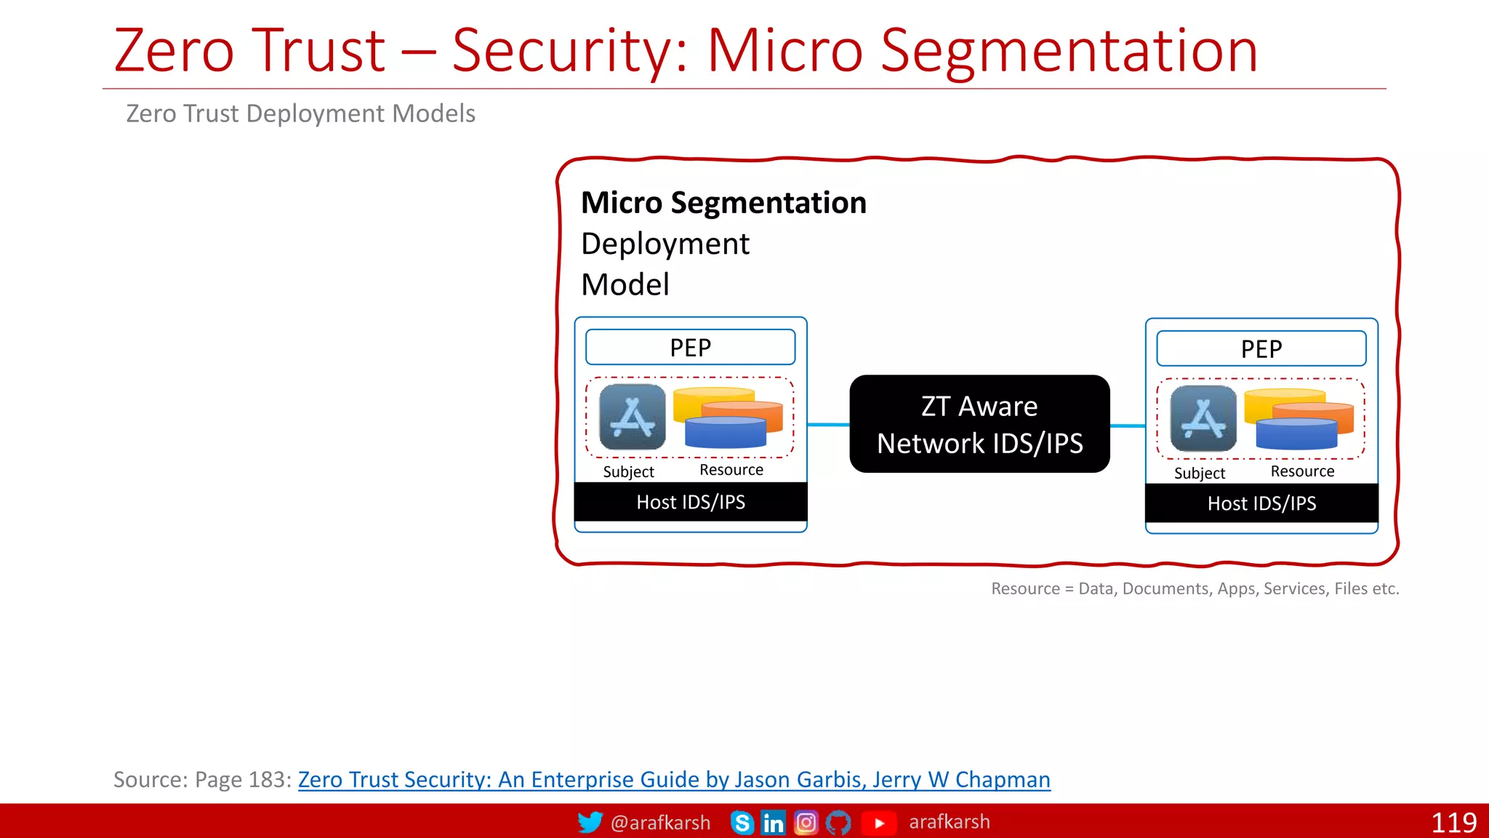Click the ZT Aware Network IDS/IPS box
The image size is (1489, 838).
click(979, 424)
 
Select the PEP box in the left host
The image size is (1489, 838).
click(690, 348)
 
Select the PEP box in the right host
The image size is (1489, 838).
click(1261, 349)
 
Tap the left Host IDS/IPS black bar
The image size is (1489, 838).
click(690, 502)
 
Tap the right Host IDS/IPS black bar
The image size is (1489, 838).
click(1261, 503)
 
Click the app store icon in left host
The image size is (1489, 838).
click(632, 418)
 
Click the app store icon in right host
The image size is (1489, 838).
click(1203, 419)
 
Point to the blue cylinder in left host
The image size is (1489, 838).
click(725, 434)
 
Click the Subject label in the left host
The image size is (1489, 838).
click(628, 472)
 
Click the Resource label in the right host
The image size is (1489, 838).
click(1302, 471)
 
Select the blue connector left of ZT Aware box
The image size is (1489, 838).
click(828, 424)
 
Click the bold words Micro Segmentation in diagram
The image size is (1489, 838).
click(723, 203)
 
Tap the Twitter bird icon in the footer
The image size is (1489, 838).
click(590, 822)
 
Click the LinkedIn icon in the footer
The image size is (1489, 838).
click(773, 823)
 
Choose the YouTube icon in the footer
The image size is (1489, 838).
click(878, 823)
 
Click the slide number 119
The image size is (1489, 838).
click(1453, 823)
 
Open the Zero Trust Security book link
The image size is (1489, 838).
click(673, 780)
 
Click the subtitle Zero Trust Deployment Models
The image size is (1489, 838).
click(300, 114)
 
